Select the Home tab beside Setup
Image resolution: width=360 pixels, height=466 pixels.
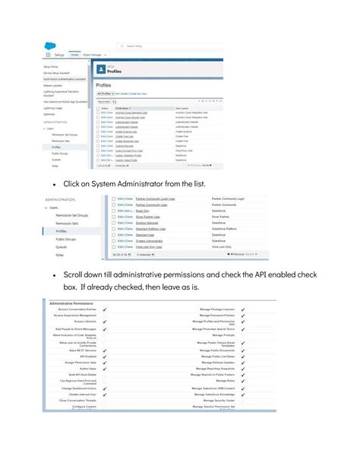coord(75,54)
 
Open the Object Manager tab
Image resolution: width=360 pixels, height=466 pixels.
coord(93,54)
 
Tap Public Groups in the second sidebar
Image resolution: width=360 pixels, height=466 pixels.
coord(68,239)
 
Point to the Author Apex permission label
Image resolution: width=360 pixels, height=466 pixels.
coord(84,369)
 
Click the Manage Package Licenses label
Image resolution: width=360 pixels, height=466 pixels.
coord(216,309)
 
